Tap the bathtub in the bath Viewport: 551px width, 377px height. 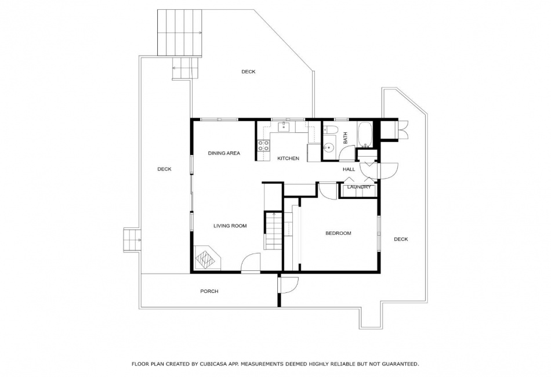365,135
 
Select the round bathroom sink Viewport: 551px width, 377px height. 329,148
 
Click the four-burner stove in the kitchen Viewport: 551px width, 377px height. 263,146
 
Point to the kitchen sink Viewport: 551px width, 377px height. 283,126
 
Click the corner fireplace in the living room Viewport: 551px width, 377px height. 207,258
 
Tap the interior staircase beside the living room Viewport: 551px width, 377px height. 273,230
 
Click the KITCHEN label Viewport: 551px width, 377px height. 288,158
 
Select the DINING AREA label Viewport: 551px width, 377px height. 224,153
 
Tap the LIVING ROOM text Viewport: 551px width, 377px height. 230,226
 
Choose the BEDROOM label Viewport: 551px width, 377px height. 338,233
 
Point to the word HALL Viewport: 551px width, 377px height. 349,169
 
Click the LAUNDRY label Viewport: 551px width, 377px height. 359,187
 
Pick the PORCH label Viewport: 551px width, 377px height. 209,291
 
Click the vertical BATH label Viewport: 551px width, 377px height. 345,137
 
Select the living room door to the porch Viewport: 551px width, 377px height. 250,263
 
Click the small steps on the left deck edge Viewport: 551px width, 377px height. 132,240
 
